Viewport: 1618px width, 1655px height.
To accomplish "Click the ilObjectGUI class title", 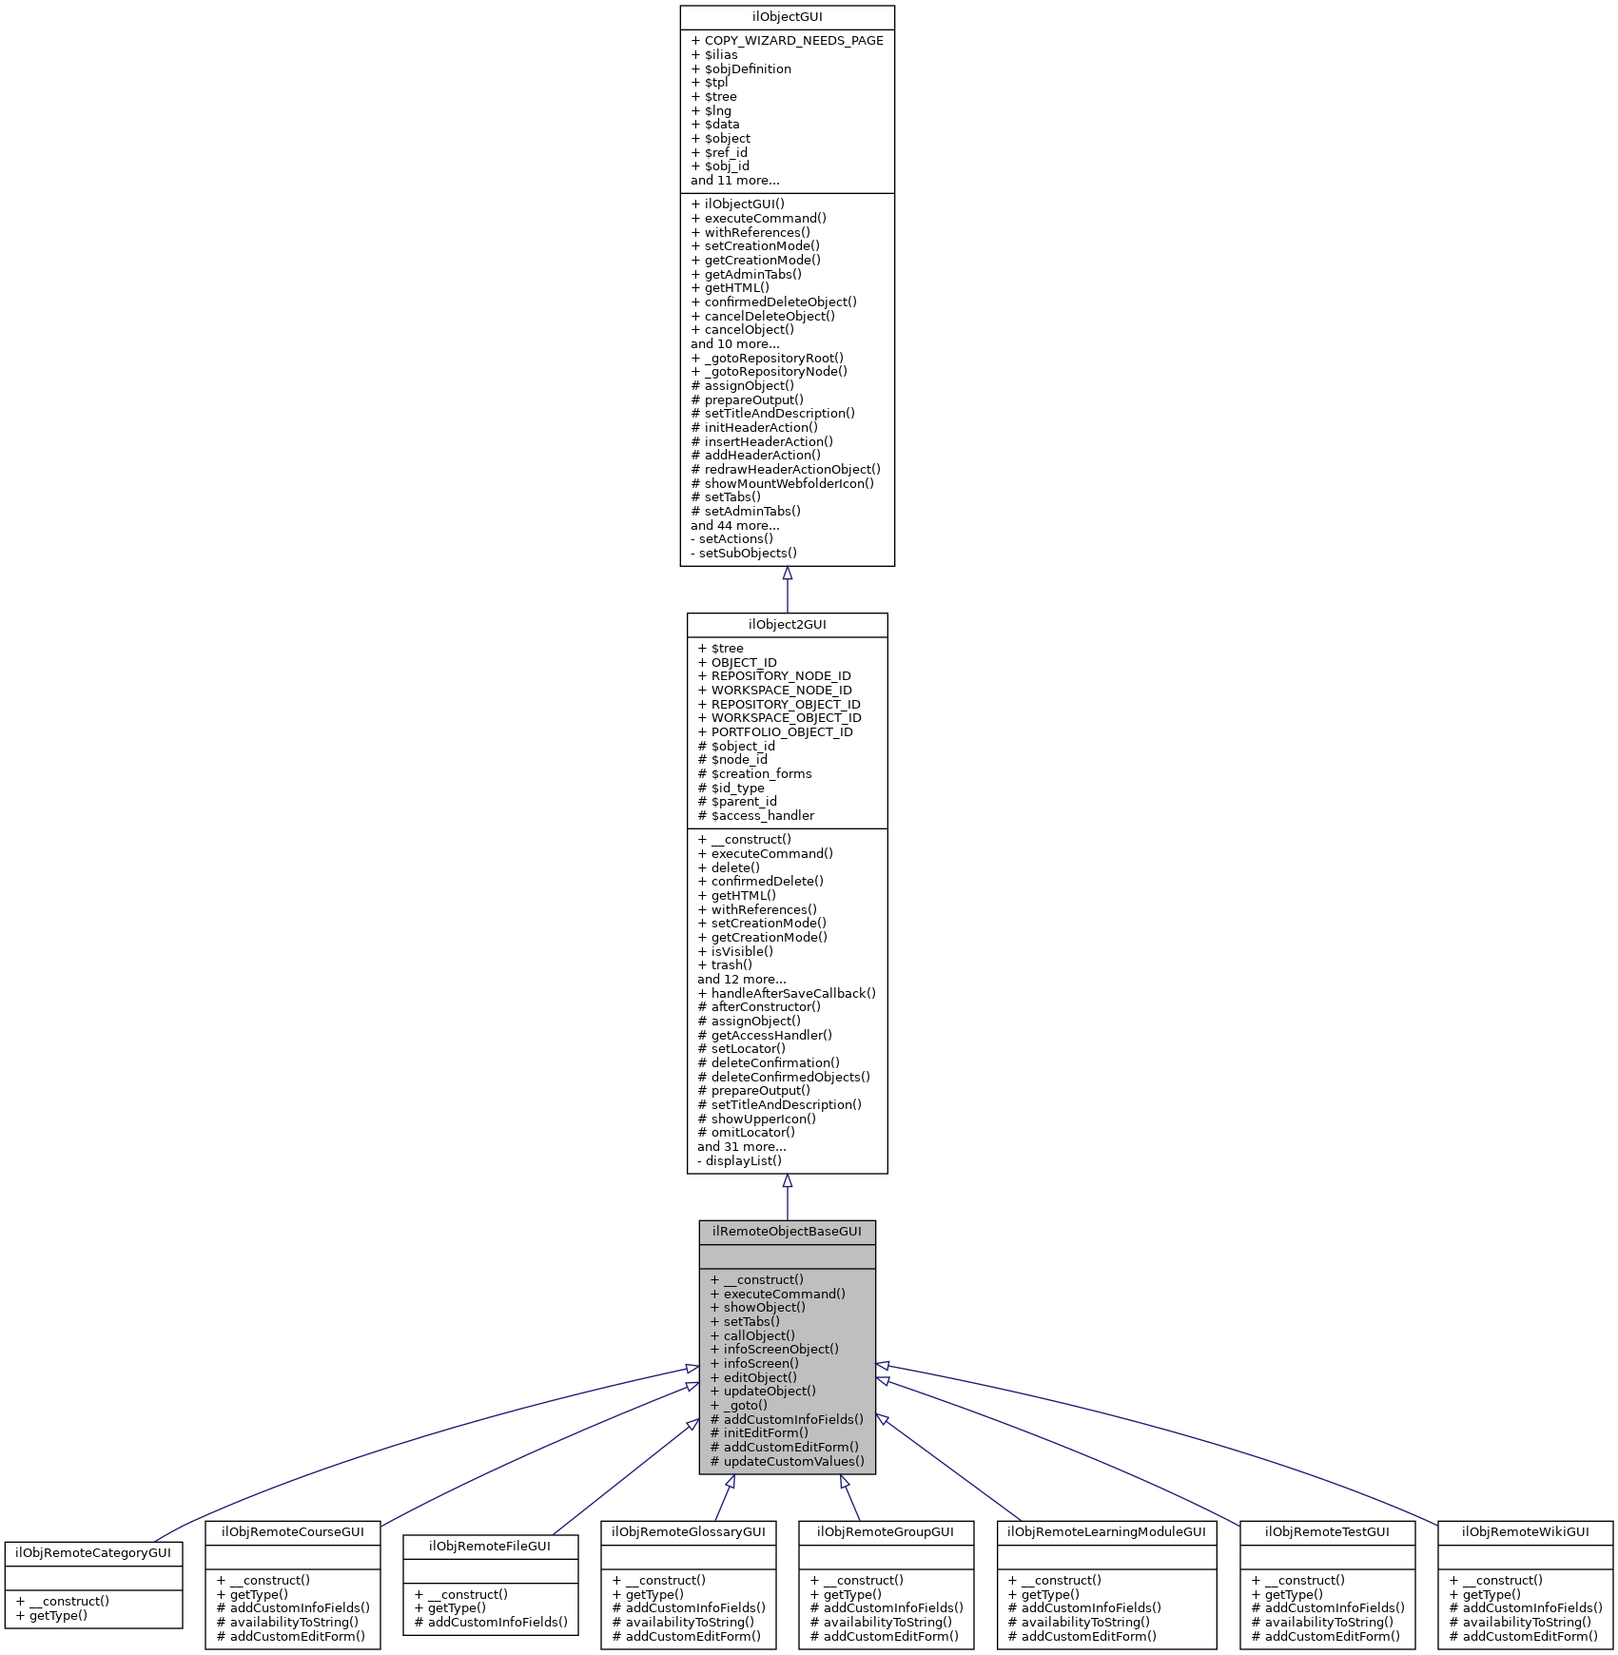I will click(787, 17).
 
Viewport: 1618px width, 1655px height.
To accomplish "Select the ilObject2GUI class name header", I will click(787, 625).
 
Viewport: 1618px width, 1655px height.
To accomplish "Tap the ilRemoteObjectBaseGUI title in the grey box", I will click(787, 1232).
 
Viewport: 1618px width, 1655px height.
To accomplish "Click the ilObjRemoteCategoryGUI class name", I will click(93, 1553).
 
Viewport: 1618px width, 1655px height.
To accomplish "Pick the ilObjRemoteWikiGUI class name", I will click(1525, 1532).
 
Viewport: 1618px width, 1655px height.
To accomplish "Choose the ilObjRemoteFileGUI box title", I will click(490, 1547).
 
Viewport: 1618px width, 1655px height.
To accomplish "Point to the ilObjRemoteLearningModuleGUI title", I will click(1106, 1532).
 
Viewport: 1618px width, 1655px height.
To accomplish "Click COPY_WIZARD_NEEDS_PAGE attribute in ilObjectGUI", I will click(793, 41).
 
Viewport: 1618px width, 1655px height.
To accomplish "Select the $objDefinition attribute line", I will click(748, 68).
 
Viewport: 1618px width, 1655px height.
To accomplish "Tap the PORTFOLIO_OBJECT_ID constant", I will click(782, 732).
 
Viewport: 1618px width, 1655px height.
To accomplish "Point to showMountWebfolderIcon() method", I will click(789, 483).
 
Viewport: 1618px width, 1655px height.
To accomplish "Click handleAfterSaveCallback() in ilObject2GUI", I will click(793, 993).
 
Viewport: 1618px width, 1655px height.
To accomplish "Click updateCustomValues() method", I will click(793, 1461).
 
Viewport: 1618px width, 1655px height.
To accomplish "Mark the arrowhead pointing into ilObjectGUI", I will click(787, 574).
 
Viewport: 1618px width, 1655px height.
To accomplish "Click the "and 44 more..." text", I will click(735, 525).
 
